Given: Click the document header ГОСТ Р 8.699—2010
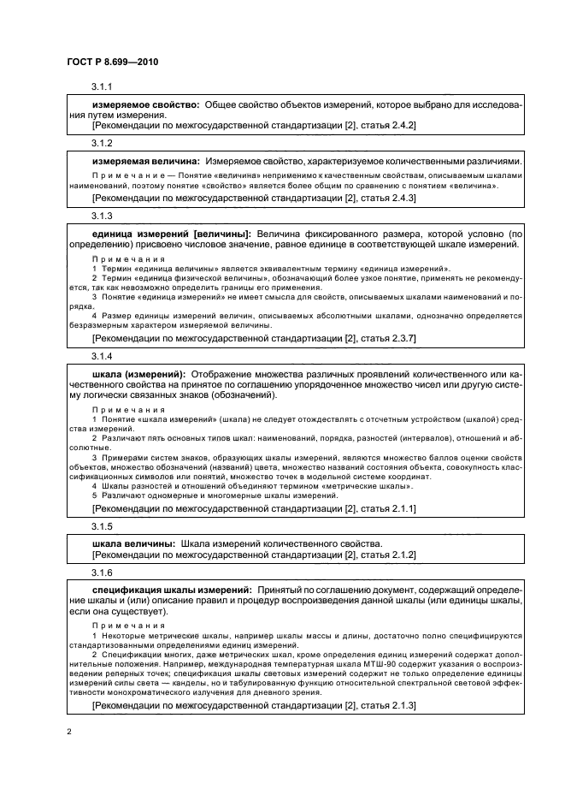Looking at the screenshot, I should coord(111,62).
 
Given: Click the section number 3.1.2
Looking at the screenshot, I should coord(102,142).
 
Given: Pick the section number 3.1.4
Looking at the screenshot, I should coord(102,353).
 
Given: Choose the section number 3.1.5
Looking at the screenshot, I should coord(102,525).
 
